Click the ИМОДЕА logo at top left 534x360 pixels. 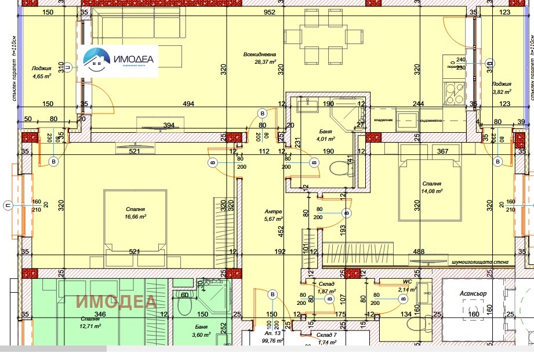pyautogui.click(x=120, y=60)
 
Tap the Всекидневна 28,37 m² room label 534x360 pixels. pyautogui.click(x=260, y=58)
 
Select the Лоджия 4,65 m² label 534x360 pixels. pyautogui.click(x=41, y=71)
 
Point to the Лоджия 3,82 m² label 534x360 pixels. pyautogui.click(x=502, y=88)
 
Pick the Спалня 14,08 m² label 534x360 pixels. pyautogui.click(x=432, y=187)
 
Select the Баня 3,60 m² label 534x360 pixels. pyautogui.click(x=202, y=330)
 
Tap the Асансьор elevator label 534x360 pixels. pyautogui.click(x=473, y=293)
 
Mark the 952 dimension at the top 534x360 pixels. pyautogui.click(x=268, y=12)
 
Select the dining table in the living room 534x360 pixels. pyautogui.click(x=323, y=38)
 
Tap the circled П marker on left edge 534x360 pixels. pyautogui.click(x=8, y=206)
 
